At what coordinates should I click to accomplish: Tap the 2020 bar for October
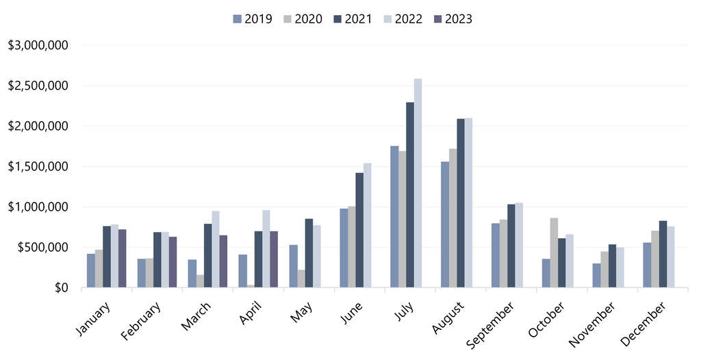click(x=554, y=253)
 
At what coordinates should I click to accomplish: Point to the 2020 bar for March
click(x=200, y=281)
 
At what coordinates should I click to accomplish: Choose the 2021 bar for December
click(x=663, y=254)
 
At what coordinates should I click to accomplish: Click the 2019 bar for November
click(x=596, y=275)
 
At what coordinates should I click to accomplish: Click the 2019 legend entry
click(x=252, y=18)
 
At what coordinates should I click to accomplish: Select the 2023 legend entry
click(x=453, y=18)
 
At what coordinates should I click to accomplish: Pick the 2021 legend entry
click(x=352, y=18)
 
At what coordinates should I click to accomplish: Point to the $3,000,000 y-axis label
click(x=38, y=46)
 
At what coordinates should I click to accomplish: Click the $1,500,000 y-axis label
click(x=38, y=166)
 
